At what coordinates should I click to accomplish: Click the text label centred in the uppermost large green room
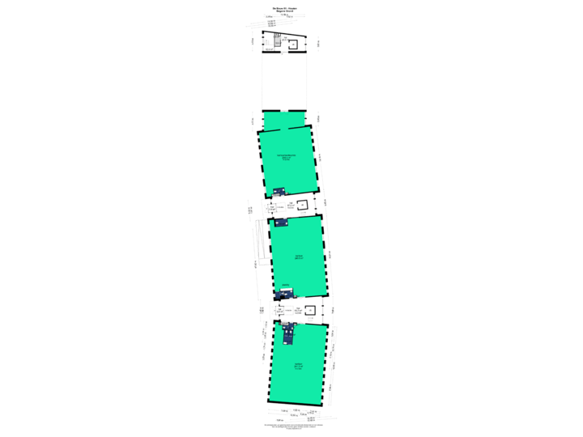pyautogui.click(x=285, y=157)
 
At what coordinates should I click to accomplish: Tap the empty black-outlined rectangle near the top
pyautogui.click(x=284, y=81)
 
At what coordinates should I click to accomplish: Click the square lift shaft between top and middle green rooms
pyautogui.click(x=303, y=205)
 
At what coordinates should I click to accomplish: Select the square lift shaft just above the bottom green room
pyautogui.click(x=310, y=312)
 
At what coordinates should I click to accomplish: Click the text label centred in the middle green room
pyautogui.click(x=298, y=257)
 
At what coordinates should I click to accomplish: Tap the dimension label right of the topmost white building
pyautogui.click(x=318, y=42)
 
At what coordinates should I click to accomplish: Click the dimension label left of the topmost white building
pyautogui.click(x=253, y=41)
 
